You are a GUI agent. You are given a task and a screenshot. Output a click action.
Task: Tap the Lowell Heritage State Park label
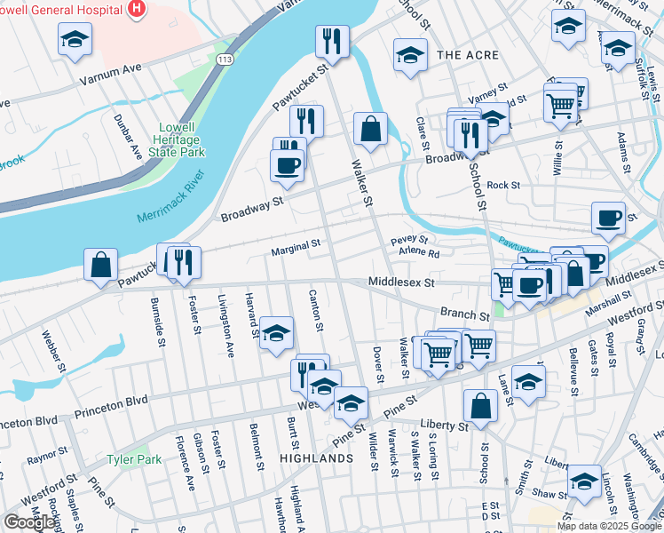tap(178, 139)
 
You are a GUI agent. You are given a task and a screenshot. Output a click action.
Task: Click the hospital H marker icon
tap(136, 9)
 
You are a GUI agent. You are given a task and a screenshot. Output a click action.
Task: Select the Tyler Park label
tap(134, 459)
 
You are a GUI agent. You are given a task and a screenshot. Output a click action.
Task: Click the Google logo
tap(29, 522)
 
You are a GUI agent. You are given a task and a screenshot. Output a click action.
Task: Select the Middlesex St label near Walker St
tap(401, 282)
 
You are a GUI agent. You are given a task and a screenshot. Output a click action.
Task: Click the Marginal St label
tap(296, 245)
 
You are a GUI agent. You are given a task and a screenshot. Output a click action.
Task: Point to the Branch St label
tap(465, 315)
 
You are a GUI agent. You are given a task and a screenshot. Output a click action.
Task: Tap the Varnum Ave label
tap(110, 68)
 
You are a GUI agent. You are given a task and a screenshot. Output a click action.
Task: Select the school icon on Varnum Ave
tap(75, 39)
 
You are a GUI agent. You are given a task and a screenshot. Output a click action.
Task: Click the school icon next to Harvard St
tap(277, 332)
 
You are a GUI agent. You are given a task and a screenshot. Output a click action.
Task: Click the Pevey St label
tap(409, 240)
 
